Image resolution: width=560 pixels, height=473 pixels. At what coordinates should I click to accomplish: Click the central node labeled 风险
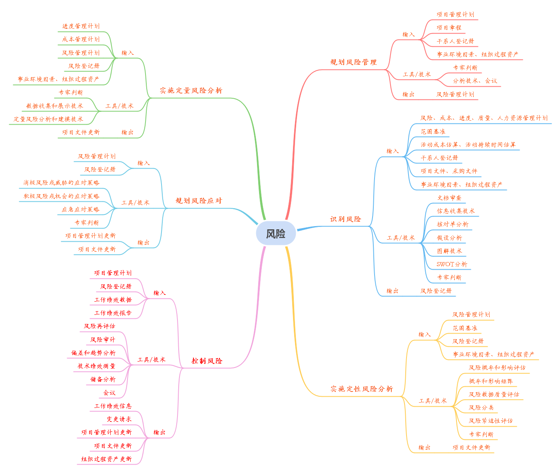tap(276, 234)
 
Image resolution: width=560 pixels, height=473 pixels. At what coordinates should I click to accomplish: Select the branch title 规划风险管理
tap(353, 62)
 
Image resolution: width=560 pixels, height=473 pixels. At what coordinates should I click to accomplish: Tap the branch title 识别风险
tap(345, 219)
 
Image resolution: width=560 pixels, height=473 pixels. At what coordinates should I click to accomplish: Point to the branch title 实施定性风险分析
tap(361, 389)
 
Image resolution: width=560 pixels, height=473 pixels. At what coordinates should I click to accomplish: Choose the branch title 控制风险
tap(207, 361)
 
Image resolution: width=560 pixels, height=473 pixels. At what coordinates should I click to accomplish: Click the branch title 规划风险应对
tap(199, 201)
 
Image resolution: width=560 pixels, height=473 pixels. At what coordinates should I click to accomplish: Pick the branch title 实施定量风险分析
tap(191, 90)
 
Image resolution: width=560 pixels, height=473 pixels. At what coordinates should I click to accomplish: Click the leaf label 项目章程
tap(449, 28)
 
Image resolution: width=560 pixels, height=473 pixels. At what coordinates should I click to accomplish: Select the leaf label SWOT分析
tap(452, 264)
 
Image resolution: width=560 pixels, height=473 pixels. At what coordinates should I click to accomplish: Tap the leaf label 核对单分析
tap(452, 225)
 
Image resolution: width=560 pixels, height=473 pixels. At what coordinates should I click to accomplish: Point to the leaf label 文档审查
tap(449, 198)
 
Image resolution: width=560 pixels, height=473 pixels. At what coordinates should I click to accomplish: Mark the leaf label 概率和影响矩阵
tap(491, 381)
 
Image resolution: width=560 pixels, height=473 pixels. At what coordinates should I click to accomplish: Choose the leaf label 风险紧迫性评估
tap(491, 421)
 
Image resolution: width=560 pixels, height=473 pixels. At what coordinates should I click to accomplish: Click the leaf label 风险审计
tap(103, 340)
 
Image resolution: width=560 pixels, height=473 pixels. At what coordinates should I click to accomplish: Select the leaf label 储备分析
tap(103, 379)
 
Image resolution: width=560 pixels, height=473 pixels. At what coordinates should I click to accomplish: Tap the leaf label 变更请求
tap(119, 419)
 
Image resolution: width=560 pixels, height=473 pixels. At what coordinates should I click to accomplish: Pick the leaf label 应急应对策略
tap(80, 209)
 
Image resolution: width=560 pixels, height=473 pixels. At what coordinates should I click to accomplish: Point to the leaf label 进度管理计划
tap(81, 26)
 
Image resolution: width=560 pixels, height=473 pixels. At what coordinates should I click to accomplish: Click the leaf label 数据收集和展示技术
tap(55, 106)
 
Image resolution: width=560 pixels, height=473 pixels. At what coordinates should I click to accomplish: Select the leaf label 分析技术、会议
tap(475, 81)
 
